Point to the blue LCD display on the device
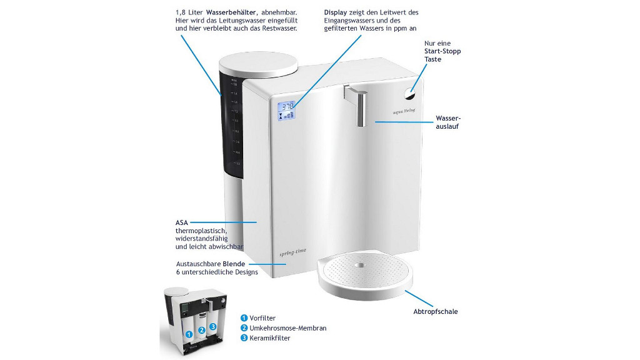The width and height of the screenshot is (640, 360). (x=287, y=110)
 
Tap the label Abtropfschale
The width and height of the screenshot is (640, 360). (x=439, y=311)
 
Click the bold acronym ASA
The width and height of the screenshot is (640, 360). (x=182, y=222)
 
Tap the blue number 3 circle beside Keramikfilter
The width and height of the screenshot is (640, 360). (x=244, y=338)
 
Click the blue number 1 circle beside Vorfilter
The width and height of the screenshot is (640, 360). (x=244, y=317)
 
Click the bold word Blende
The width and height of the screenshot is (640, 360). (x=234, y=263)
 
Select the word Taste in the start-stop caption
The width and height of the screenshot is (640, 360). (x=433, y=59)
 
